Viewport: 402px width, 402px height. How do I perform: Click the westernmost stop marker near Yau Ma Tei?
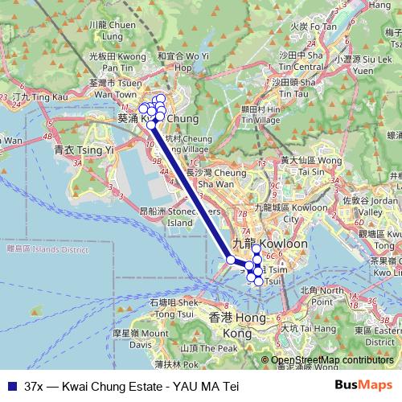(x=232, y=260)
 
